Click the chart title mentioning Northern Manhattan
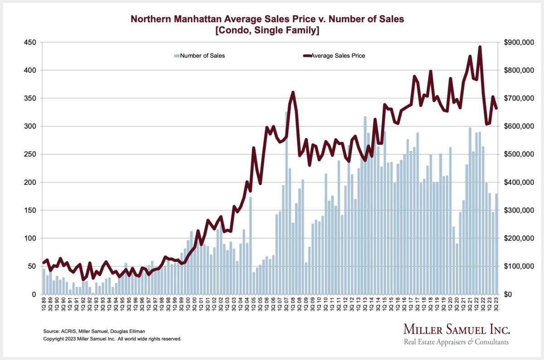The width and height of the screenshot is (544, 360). pos(267,19)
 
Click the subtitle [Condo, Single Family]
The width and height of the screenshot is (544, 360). pos(267,30)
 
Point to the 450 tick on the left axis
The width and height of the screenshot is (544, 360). pos(30,43)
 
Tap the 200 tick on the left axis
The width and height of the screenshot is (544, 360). pos(30,182)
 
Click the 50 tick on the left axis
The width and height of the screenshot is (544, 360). pos(32,266)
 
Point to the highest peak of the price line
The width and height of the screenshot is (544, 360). pos(480,47)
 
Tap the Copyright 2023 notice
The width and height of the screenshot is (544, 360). pos(112,339)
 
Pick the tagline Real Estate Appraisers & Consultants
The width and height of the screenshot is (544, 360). pos(456,342)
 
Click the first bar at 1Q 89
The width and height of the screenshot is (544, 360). pos(44,281)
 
